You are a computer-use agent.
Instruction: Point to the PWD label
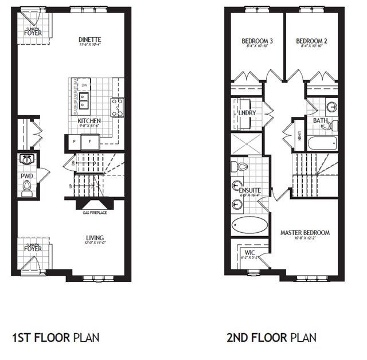coord(26,176)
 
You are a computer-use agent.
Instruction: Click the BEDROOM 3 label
coord(256,41)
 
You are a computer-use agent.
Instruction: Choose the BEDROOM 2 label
coord(312,41)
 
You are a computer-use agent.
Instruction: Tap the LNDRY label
coord(247,113)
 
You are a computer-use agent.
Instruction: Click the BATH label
coord(320,121)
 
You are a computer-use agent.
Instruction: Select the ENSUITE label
coord(250,190)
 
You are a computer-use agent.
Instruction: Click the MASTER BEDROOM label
coord(304,233)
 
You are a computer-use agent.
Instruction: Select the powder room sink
coord(26,159)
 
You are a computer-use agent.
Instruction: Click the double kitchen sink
coord(85,101)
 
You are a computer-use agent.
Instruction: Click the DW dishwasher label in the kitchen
coord(84,85)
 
